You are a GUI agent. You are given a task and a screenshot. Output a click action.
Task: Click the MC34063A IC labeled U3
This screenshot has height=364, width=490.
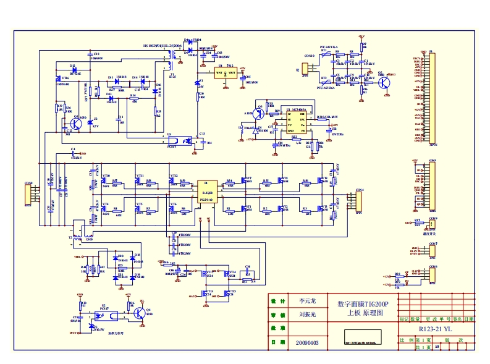pyautogui.click(x=294, y=122)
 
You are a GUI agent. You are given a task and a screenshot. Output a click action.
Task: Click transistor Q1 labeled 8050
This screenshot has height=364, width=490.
pyautogui.click(x=76, y=123)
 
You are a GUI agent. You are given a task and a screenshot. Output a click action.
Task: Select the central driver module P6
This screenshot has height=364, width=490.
pyautogui.click(x=206, y=192)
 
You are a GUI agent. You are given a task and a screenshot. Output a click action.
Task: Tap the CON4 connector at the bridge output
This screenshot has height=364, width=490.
pyautogui.click(x=358, y=201)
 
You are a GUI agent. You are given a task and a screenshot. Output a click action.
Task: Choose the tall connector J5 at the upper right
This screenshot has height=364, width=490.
pyautogui.click(x=432, y=99)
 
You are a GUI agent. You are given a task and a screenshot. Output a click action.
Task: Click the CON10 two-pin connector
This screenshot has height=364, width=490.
pyautogui.click(x=308, y=64)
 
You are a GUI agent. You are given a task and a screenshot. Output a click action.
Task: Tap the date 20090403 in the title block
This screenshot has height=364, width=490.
pyautogui.click(x=307, y=342)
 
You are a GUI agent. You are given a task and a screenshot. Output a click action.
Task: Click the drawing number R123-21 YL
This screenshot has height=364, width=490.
pyautogui.click(x=435, y=329)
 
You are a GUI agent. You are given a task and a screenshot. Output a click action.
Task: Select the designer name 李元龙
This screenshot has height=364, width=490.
pyautogui.click(x=307, y=302)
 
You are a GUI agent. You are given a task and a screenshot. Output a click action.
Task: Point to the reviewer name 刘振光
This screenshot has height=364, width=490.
pyautogui.click(x=307, y=315)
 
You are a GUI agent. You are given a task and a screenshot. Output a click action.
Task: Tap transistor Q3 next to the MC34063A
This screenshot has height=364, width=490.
pyautogui.click(x=260, y=114)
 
